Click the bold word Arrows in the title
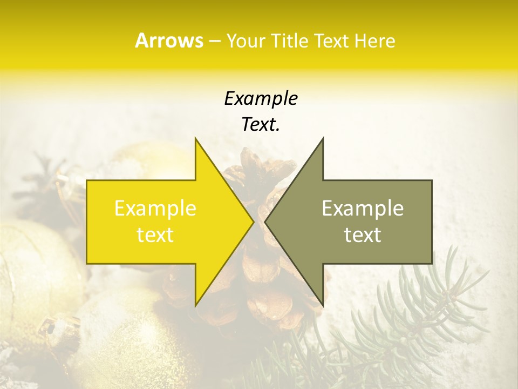pos(169,41)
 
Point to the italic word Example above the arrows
pos(261,98)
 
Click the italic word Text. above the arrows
pos(261,124)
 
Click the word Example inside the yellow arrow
pos(155,209)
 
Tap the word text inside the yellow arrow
pos(155,234)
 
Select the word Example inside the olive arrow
pos(363,209)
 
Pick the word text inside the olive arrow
pos(363,234)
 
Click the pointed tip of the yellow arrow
pos(253,222)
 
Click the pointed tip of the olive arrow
pos(265,222)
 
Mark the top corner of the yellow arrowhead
pos(196,138)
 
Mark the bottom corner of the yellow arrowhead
pos(196,305)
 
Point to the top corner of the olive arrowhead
pos(323,138)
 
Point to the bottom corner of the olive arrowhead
pos(323,305)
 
